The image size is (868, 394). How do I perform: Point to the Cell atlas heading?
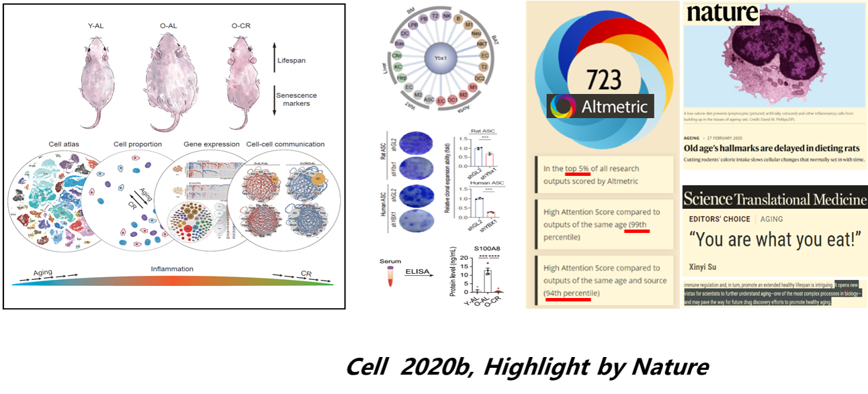65,144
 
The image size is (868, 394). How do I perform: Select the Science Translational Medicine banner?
774,199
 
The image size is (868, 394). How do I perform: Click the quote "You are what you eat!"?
774,239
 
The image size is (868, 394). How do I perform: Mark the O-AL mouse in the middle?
169,79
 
